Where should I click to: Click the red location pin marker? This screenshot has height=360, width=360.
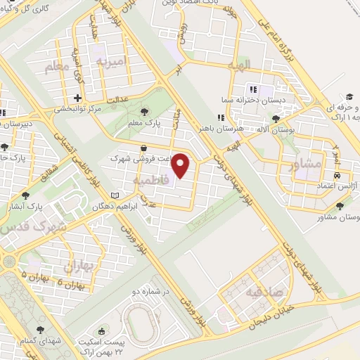click(x=181, y=165)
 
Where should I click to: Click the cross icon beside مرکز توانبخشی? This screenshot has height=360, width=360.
click(x=78, y=98)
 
